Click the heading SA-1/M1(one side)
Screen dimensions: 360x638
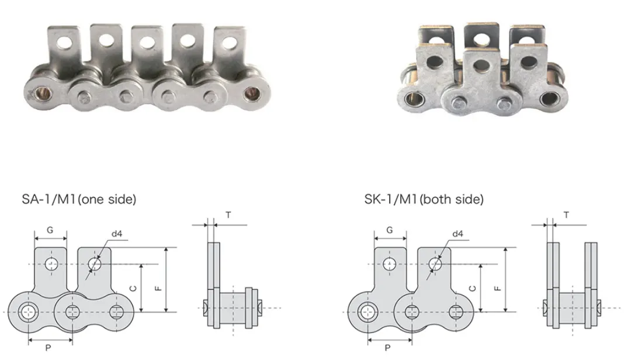pos(79,199)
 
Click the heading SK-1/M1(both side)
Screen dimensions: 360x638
pos(424,199)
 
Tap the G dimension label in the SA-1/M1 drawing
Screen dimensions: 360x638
pos(50,230)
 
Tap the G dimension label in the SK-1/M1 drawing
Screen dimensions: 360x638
pos(390,230)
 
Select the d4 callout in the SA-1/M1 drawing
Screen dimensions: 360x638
pos(116,234)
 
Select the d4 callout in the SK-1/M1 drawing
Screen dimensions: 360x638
pos(457,234)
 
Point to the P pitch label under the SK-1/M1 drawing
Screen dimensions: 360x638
pos(388,347)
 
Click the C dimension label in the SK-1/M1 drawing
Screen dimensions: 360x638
pos(473,288)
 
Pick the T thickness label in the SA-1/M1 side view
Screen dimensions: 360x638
pos(228,215)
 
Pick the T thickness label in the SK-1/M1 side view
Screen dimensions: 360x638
pos(567,215)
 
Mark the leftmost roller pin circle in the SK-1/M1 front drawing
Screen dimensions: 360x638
pos(367,310)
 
